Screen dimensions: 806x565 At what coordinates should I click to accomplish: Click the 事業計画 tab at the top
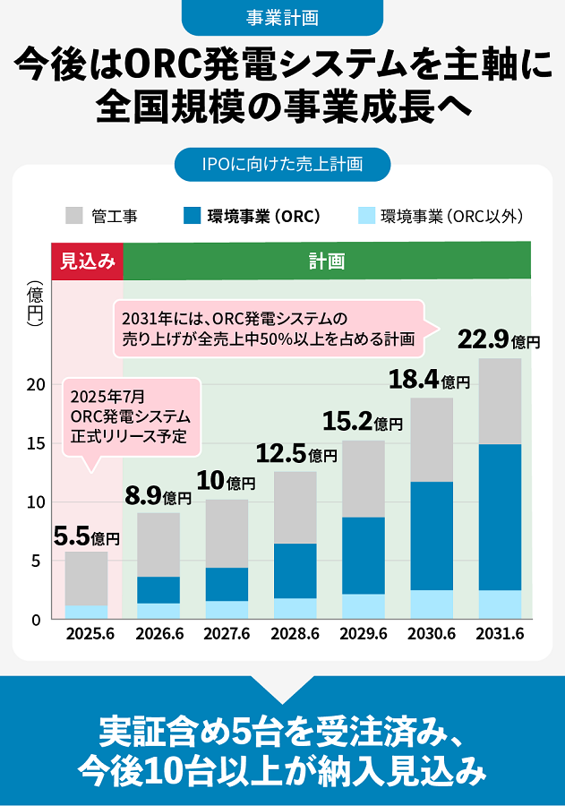[x=282, y=16]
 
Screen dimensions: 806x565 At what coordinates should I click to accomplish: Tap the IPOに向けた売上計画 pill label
[x=282, y=164]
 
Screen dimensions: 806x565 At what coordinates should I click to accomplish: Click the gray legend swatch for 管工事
[x=74, y=216]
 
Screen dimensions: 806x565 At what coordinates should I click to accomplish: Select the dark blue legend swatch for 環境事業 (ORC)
[x=191, y=216]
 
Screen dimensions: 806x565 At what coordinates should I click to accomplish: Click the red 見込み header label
[x=87, y=262]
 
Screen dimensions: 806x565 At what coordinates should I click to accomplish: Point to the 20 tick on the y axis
[x=35, y=384]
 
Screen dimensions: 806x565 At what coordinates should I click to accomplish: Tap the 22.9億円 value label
[x=499, y=340]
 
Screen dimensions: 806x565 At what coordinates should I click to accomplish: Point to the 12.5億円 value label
[x=296, y=454]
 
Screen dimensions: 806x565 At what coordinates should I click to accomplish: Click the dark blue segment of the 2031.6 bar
[x=500, y=517]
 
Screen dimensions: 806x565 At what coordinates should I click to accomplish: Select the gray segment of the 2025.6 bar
[x=87, y=579]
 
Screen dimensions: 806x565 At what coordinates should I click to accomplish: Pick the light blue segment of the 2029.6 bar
[x=363, y=606]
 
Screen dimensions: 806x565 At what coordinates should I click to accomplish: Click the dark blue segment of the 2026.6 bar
[x=158, y=590]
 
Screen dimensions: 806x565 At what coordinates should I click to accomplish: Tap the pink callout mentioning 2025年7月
[x=131, y=416]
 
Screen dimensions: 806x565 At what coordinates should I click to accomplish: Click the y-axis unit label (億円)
[x=35, y=309]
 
